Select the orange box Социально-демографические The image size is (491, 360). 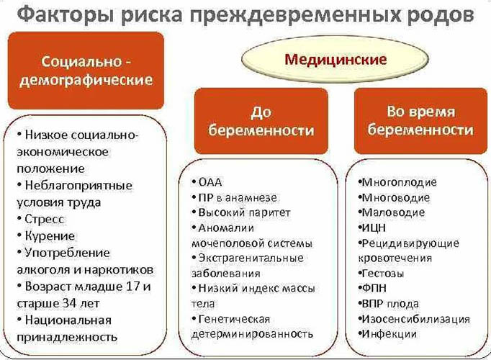click(87, 69)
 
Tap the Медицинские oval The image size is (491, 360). click(335, 59)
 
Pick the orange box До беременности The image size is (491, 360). click(261, 120)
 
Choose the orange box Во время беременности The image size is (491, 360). click(420, 120)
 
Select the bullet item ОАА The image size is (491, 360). click(210, 182)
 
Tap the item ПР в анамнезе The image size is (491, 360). click(238, 197)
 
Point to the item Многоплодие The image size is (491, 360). click(399, 182)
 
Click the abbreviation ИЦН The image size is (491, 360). click(375, 228)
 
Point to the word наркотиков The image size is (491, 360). click(125, 269)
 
